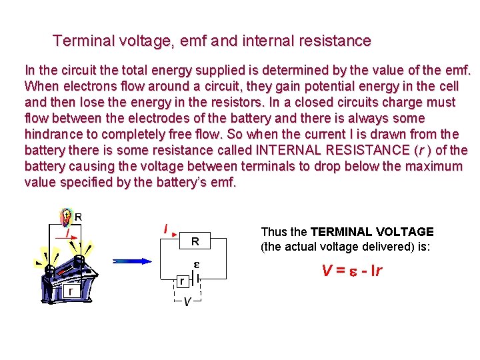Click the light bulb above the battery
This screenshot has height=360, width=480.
point(66,217)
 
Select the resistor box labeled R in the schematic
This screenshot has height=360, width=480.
point(195,240)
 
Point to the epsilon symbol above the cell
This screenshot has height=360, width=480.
point(197,265)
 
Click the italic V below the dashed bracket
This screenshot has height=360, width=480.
point(187,302)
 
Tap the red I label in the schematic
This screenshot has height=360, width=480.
point(165,229)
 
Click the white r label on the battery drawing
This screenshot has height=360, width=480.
point(69,291)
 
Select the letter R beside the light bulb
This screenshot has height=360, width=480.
point(79,217)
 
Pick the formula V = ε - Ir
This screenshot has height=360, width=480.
point(351,271)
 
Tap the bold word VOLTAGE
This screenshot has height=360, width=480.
point(407,232)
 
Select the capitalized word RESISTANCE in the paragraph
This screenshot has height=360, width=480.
point(361,151)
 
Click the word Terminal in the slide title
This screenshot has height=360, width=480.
point(81,41)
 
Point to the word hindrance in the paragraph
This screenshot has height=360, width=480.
point(54,135)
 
